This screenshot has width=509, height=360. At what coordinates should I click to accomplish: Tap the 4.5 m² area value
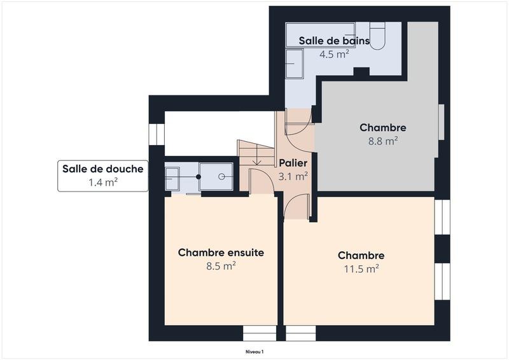(x=334, y=54)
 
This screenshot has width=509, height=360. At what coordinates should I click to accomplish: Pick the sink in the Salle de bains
(x=294, y=64)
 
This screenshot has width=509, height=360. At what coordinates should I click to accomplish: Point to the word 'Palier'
(x=293, y=163)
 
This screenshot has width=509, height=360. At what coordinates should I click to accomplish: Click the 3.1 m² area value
(x=293, y=176)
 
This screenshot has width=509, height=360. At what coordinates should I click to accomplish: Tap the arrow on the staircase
(x=256, y=160)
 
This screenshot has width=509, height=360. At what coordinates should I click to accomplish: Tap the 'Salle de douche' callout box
(x=102, y=176)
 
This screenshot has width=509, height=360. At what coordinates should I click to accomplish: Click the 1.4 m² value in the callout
(x=102, y=183)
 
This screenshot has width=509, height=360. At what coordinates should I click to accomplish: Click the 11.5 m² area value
(x=361, y=268)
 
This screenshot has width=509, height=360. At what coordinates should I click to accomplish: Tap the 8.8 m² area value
(x=382, y=141)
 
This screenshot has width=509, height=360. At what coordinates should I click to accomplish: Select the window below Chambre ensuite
(x=260, y=333)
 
